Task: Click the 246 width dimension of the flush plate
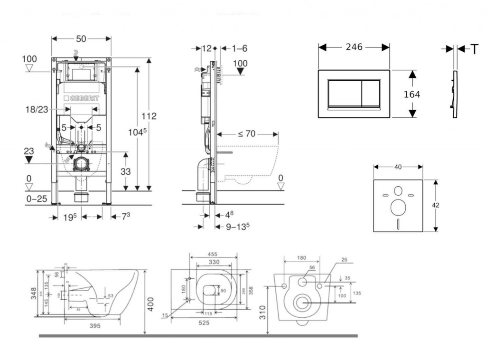tap(354, 47)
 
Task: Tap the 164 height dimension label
tap(411, 95)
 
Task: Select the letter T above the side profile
tap(474, 49)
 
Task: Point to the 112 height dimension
tap(149, 116)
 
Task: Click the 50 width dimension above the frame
tap(81, 39)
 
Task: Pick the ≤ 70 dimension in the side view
tap(246, 134)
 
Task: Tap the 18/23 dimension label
tap(37, 110)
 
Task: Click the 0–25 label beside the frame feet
tap(36, 199)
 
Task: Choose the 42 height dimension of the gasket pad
tap(436, 205)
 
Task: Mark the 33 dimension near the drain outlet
tap(125, 172)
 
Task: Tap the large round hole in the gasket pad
tap(398, 207)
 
